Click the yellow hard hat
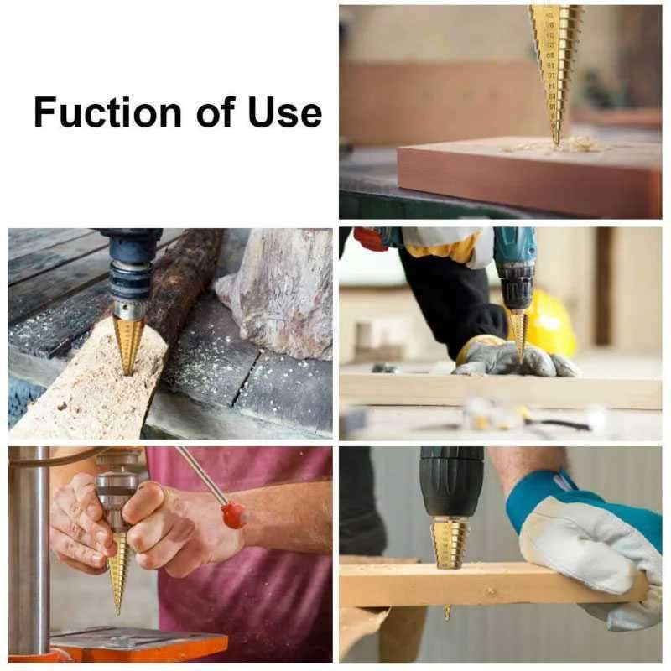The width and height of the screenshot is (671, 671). click(550, 323)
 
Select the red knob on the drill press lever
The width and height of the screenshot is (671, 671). click(233, 513)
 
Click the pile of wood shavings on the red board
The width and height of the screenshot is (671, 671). click(554, 146)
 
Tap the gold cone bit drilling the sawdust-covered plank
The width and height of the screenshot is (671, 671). click(128, 342)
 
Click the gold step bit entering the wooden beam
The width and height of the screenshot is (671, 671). click(450, 541)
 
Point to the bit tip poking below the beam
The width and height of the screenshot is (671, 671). click(447, 612)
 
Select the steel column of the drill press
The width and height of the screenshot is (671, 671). click(29, 545)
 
